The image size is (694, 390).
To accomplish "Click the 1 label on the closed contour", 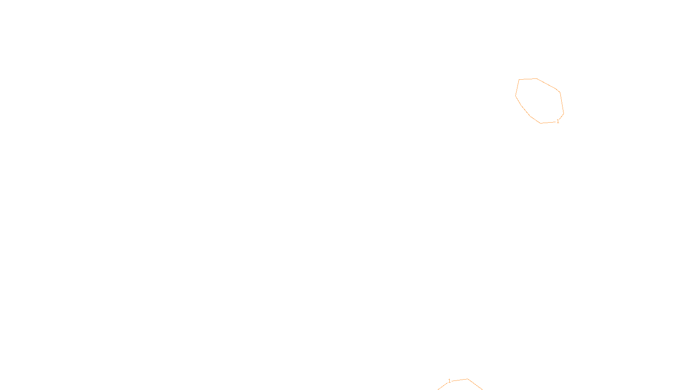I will [558, 121].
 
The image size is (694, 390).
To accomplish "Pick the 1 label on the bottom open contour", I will [449, 381].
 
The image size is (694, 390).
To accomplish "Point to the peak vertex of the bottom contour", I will [468, 379].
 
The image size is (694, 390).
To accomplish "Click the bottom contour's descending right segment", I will [475, 385].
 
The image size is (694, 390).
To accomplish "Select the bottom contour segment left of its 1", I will [443, 386].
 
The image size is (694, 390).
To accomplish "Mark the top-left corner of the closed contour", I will [519, 79].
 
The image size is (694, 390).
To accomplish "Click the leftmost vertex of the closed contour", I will [516, 95].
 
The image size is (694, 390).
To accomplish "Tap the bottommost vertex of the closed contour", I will [541, 123].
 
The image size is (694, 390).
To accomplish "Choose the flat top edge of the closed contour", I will [528, 79].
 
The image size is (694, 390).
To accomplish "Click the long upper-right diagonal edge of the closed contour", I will [547, 84].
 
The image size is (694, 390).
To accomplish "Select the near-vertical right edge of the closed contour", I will [562, 103].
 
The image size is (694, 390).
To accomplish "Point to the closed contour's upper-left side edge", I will [517, 87].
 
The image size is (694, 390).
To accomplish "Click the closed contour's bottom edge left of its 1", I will [548, 123].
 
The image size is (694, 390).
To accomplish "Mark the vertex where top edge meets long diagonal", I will [537, 78].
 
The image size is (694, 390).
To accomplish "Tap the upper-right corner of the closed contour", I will [560, 92].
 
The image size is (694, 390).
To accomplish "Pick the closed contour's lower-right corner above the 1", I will [563, 114].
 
